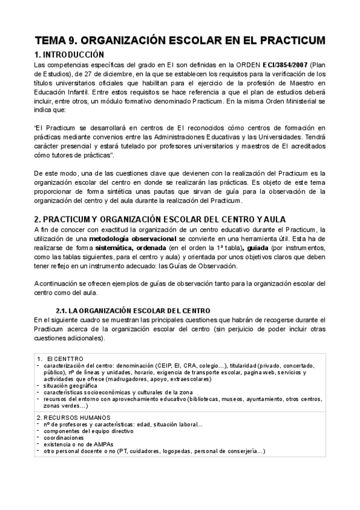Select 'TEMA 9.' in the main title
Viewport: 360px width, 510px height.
pos(55,40)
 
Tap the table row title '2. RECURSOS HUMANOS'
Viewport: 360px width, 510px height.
pos(70,417)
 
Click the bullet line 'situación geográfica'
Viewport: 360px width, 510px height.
pos(71,386)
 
